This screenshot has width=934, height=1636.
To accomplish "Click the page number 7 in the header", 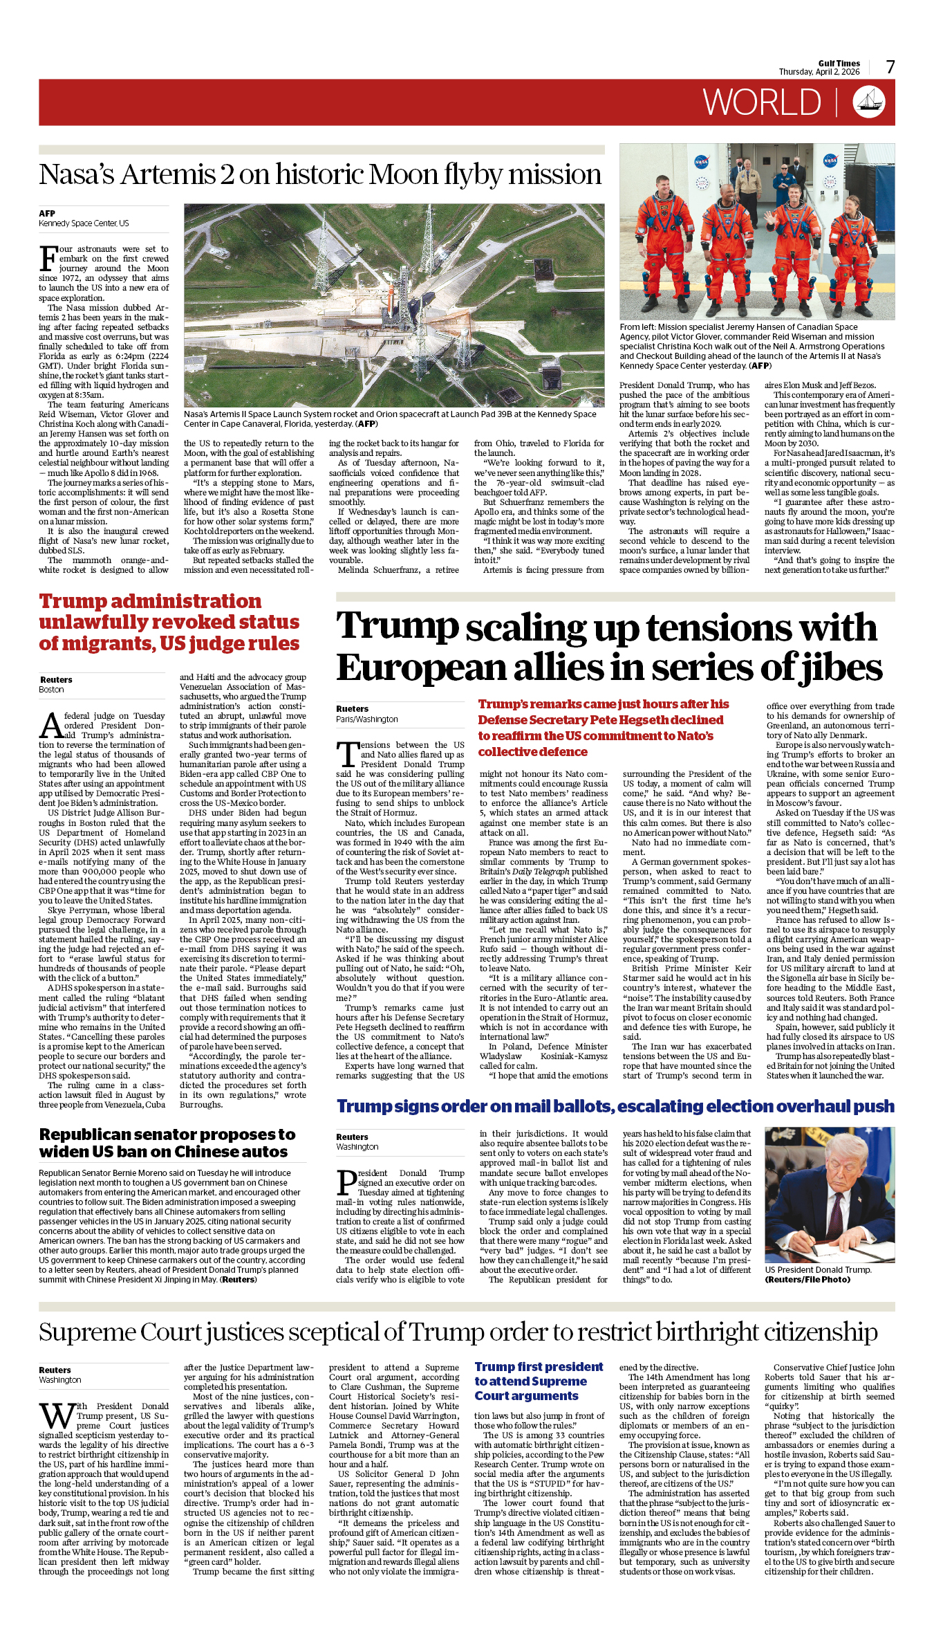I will pos(890,67).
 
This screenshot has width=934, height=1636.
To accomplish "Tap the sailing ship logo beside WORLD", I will pos(869,102).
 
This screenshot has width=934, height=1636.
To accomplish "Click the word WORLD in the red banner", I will pos(762,102).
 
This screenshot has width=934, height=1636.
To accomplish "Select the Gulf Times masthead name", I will pos(839,63).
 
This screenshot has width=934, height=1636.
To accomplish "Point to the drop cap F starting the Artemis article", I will pos(48,259).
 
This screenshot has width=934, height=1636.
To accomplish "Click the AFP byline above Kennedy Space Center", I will pos(47,213).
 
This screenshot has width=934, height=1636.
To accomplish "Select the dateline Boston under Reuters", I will pos(51,690).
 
